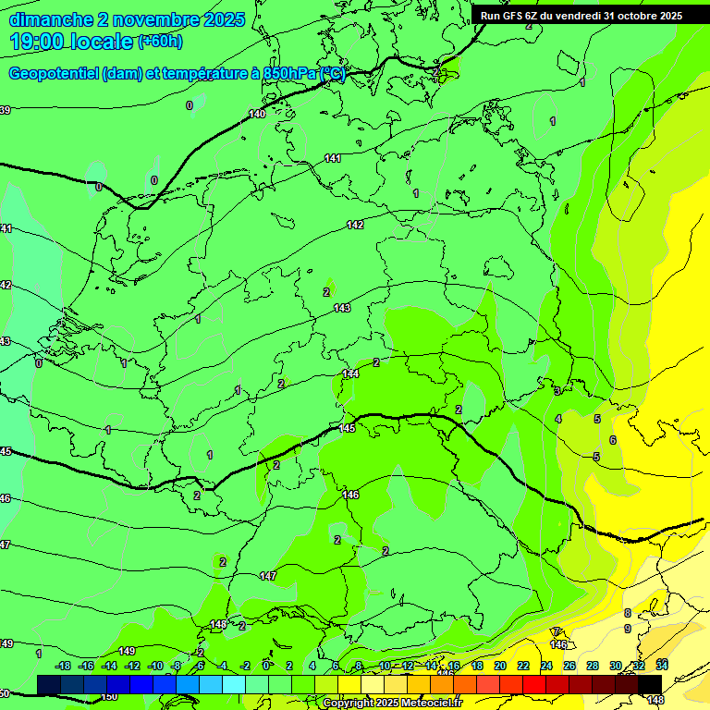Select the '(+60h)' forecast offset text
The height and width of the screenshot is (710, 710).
point(160,42)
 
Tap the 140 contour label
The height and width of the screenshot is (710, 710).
point(257,114)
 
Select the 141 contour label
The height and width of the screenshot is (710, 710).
point(333,159)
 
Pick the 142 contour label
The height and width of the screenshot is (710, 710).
point(355,225)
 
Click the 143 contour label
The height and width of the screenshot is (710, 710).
point(342,308)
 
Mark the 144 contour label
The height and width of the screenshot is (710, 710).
point(350,373)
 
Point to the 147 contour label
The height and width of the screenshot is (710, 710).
point(268,576)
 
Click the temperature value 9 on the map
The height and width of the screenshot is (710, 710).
point(627,629)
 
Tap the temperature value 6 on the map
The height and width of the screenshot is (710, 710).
point(612,440)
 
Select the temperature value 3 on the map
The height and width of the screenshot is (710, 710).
point(557,391)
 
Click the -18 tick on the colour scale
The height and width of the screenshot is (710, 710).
point(64,666)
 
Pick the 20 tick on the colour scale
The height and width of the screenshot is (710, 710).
point(499,666)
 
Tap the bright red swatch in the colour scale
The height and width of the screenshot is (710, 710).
point(534,683)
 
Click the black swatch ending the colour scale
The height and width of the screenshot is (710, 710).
point(650,683)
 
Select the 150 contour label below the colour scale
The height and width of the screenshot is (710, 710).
point(109,696)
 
